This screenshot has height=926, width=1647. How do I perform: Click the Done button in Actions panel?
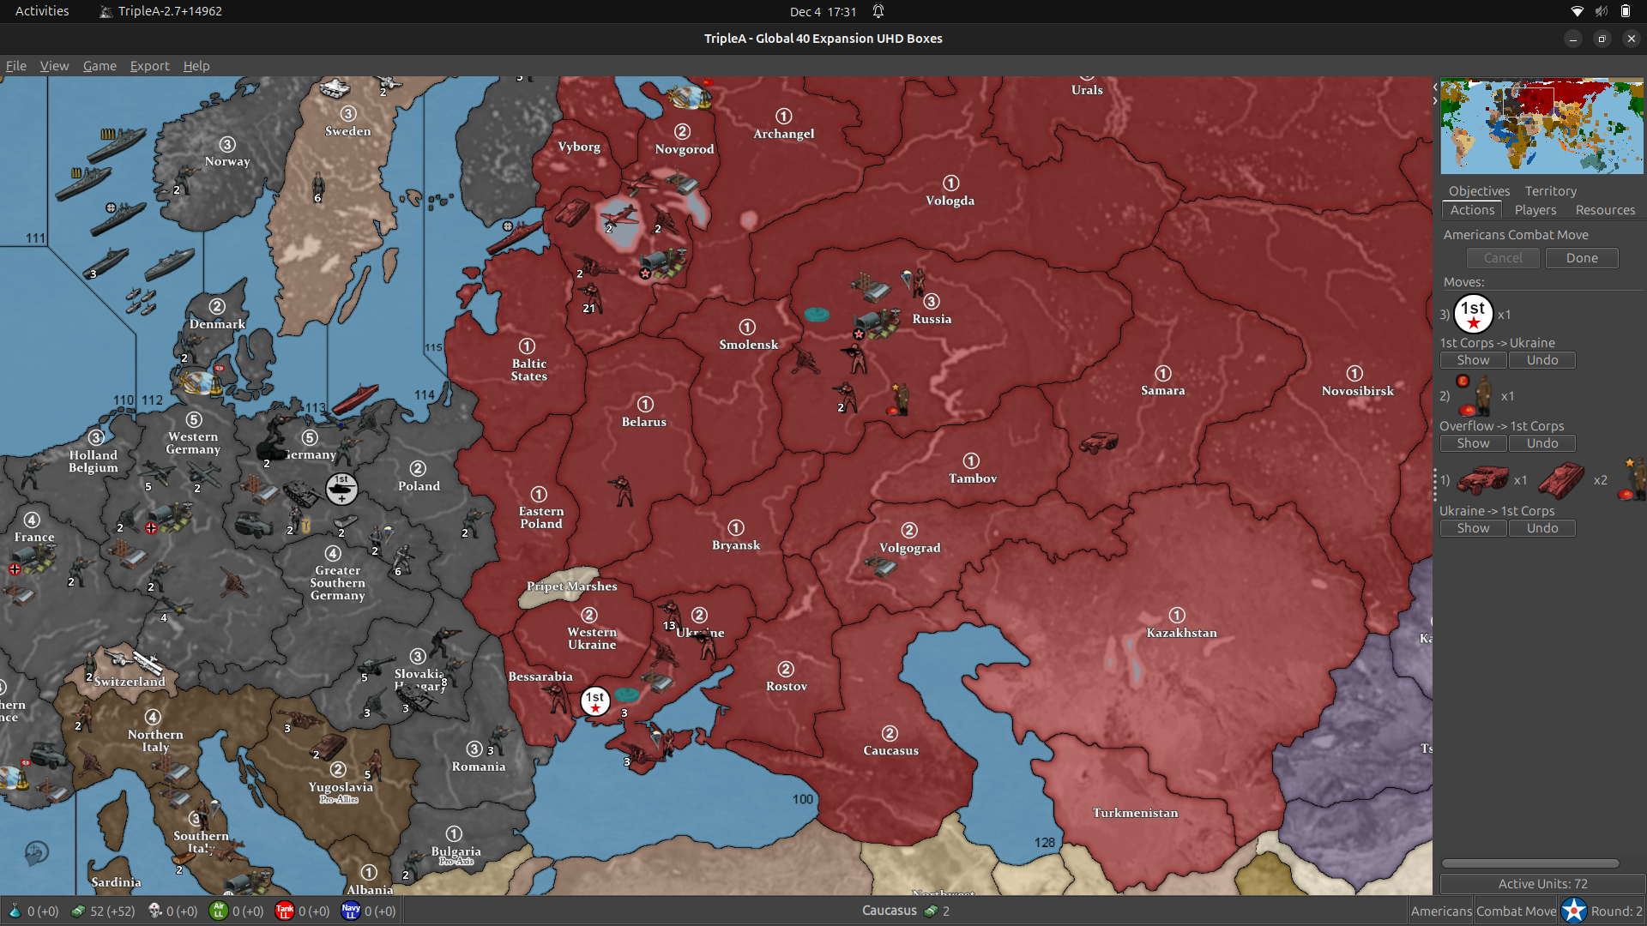[1581, 258]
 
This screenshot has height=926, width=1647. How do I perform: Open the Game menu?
[100, 66]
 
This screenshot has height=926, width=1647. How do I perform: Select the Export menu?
[149, 66]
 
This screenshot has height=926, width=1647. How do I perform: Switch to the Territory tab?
[1550, 191]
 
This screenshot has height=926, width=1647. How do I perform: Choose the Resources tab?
[1604, 210]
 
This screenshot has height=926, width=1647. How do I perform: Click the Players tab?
[1535, 210]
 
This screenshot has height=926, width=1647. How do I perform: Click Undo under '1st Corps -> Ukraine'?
[1541, 360]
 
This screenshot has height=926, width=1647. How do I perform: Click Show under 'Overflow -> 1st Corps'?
[1473, 443]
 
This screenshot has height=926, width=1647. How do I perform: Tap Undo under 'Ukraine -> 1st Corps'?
[1541, 528]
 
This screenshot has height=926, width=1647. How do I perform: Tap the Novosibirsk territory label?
[1357, 391]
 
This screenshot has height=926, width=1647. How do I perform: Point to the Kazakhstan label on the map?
[1181, 633]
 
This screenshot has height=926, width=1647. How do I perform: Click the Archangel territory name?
[783, 134]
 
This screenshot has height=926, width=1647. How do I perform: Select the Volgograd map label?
[909, 548]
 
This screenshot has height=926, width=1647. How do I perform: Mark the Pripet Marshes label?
[571, 586]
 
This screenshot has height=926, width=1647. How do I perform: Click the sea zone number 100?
[802, 799]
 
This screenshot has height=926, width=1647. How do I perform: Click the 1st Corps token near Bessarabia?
[594, 701]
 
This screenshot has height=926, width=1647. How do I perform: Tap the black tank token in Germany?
[341, 489]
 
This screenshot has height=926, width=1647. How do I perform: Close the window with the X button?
[1631, 39]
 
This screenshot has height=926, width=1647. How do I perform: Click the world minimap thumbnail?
[1541, 127]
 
